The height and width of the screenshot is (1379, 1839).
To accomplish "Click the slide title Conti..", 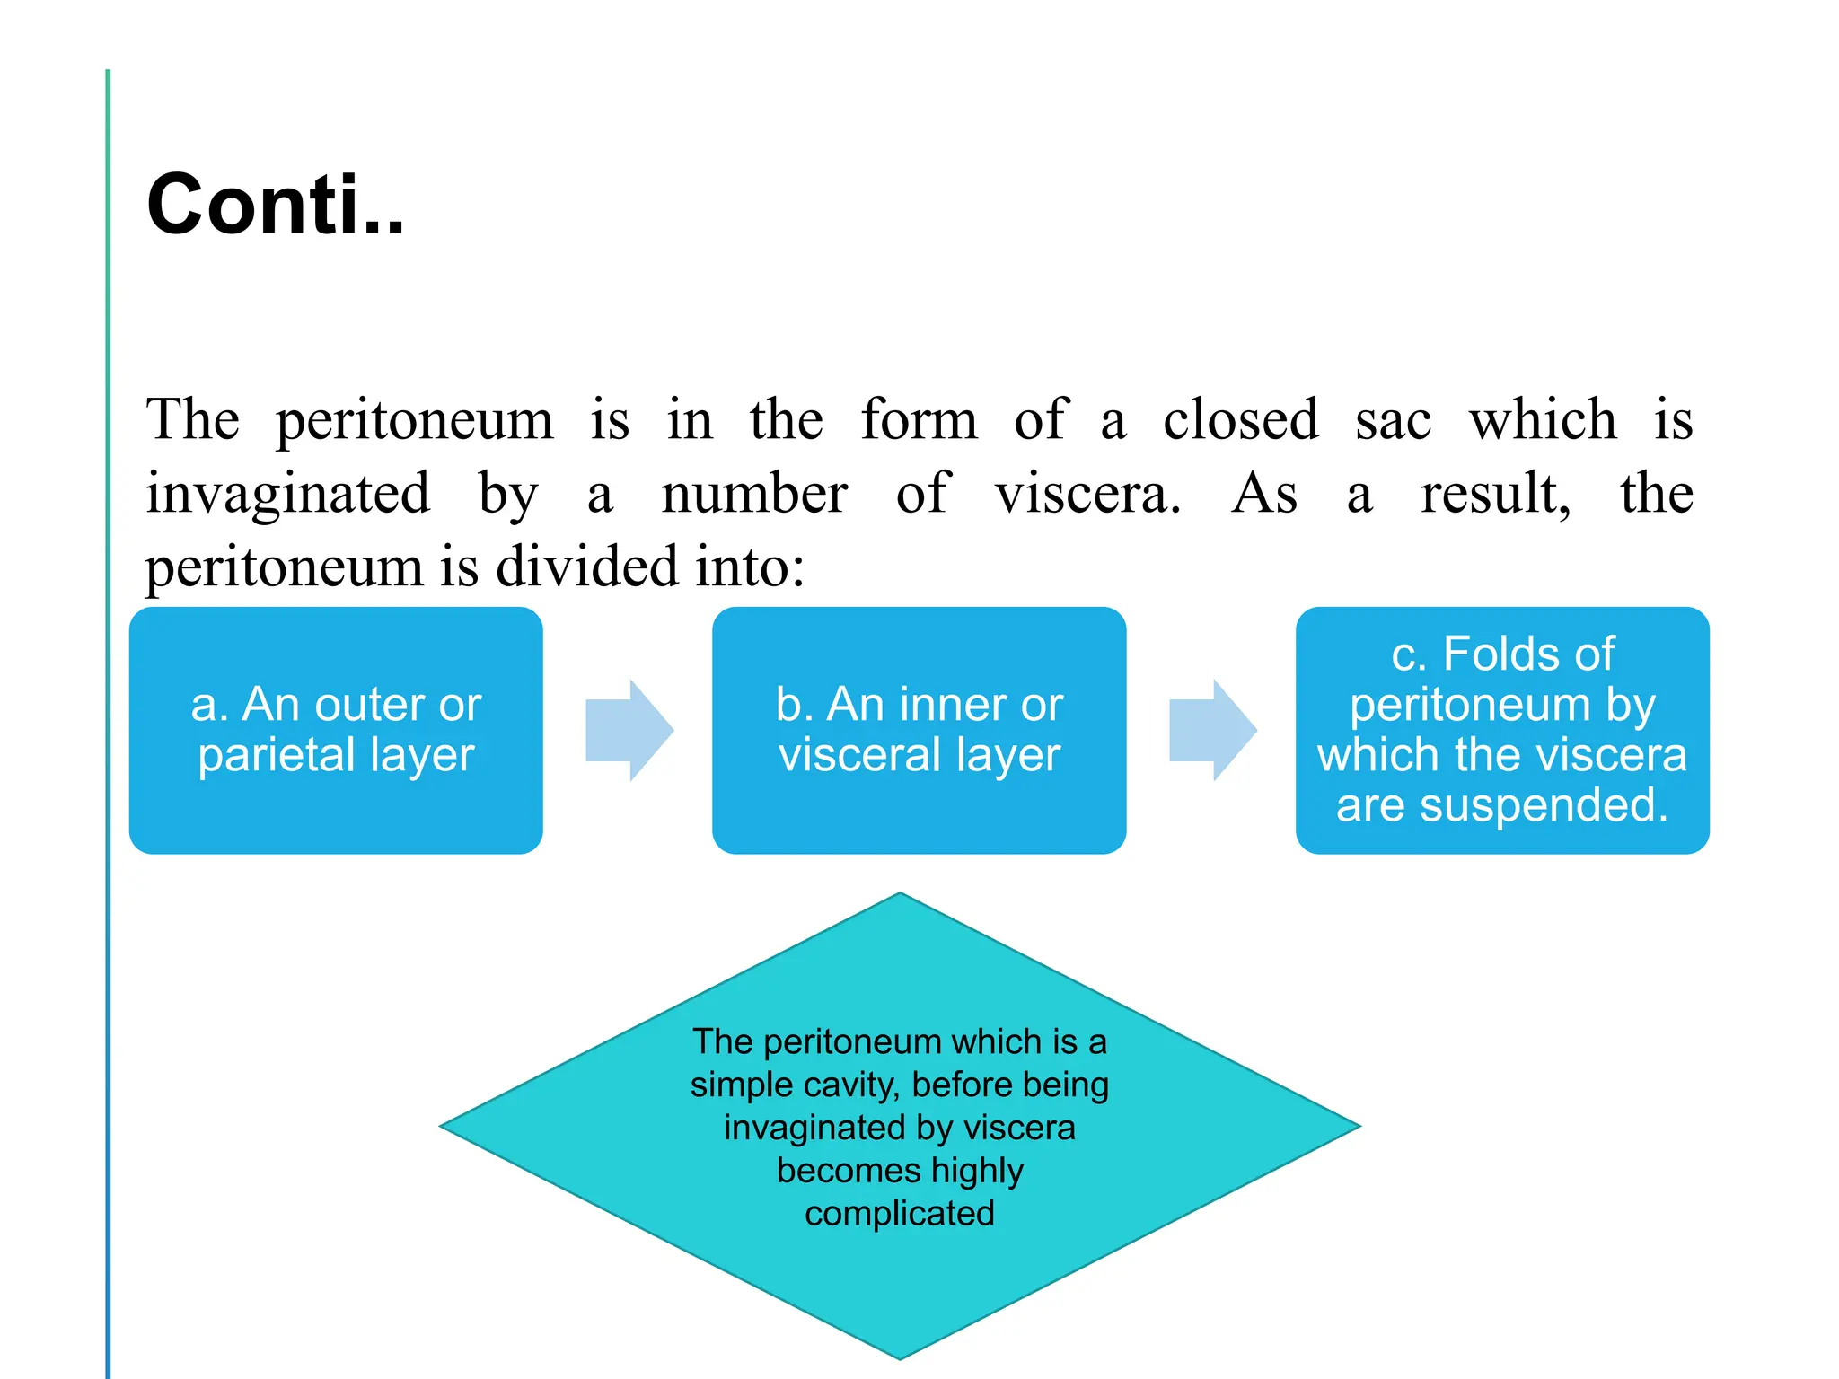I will pos(275,206).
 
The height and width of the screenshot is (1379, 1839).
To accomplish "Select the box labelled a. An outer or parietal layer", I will pos(336,730).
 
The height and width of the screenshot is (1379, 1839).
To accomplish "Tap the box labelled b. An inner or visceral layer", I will pos(919,730).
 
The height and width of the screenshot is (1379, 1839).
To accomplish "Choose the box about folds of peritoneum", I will pos(1501,730).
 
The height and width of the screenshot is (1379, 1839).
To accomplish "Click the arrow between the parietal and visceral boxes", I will pos(629,730).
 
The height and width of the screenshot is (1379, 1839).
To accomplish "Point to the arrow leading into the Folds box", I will pos(1211,730).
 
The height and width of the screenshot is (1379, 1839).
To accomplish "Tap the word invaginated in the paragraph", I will pos(288,494).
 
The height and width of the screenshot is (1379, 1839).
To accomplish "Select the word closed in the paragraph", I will pos(1240,419).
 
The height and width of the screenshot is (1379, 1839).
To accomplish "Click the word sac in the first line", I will pos(1393,419).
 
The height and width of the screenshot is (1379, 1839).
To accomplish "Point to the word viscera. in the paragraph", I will pos(1087,494).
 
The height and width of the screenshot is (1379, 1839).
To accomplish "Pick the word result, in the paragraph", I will pos(1495,494).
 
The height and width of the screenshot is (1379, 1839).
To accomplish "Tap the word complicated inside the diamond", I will pos(900,1214).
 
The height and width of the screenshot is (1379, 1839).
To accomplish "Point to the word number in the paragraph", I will pos(754,494).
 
